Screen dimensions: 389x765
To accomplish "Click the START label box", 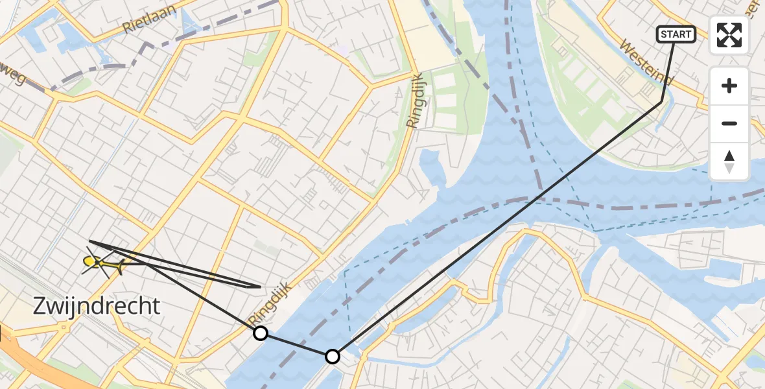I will (676, 34).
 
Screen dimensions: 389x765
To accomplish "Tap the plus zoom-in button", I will (729, 86).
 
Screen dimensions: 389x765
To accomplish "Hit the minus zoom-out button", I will (729, 123).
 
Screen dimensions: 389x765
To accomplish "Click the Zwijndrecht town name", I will (97, 306).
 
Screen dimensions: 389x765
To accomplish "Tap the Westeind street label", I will (647, 64).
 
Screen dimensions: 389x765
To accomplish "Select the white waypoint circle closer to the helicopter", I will (260, 333).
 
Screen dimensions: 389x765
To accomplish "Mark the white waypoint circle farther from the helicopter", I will (332, 356).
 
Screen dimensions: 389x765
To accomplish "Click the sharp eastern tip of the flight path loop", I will (260, 287).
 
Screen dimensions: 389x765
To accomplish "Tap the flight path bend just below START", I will (661, 102).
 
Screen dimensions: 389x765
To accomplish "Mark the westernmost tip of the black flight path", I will (89, 241).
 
